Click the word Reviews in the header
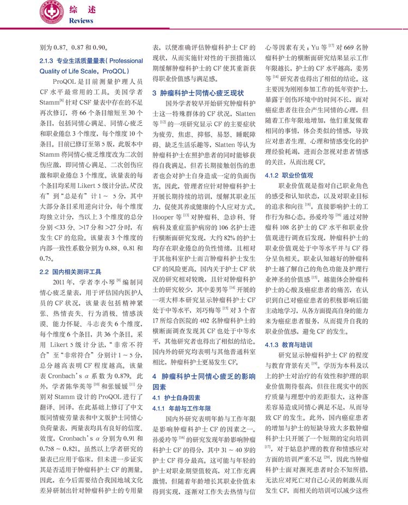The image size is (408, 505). pos(82,21)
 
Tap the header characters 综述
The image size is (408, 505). pos(82,9)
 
